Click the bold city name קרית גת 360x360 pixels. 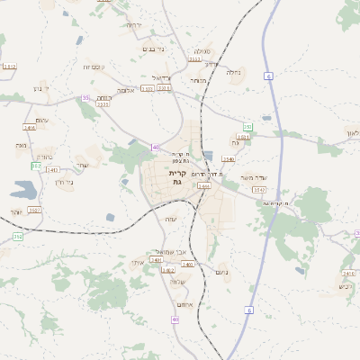tap(176, 176)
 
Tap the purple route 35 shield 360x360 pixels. tap(85, 97)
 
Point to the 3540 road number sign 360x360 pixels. tap(229, 159)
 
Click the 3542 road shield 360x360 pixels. tap(258, 190)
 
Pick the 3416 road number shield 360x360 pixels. tap(30, 128)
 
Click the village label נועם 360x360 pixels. tap(223, 272)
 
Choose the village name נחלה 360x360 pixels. tap(231, 73)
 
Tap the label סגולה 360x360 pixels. tap(202, 51)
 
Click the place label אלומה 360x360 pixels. tap(125, 90)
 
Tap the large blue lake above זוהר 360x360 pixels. tap(23, 191)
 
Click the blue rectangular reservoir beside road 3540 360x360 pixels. tap(209, 156)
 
